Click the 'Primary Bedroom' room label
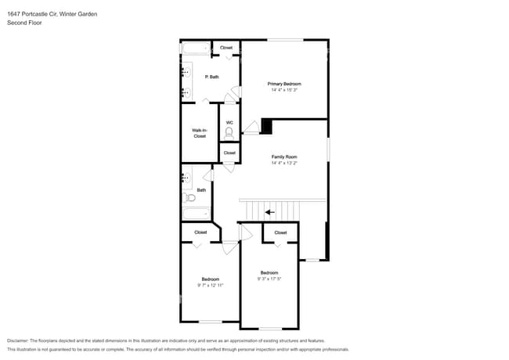[284, 84]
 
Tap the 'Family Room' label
[284, 157]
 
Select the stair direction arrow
[269, 211]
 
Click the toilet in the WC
[229, 133]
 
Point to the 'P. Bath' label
[211, 77]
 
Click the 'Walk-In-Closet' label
[200, 133]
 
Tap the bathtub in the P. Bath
[196, 49]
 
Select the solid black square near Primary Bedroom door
[266, 125]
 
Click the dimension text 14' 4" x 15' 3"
[284, 90]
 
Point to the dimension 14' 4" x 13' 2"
[284, 164]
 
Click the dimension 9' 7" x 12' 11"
[211, 286]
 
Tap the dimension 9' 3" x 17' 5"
[269, 279]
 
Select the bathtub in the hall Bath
[197, 212]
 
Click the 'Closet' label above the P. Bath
[226, 48]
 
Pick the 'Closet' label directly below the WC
[229, 153]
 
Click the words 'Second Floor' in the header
[24, 23]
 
